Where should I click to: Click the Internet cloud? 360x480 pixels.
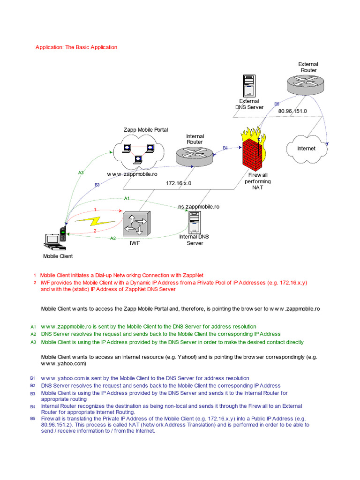306,149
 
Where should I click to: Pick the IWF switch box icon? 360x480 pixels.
136,224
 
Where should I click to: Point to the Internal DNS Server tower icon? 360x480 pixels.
194,222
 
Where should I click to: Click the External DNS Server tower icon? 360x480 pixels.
249,86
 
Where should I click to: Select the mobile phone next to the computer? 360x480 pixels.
62,234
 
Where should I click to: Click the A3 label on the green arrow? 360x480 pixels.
81,173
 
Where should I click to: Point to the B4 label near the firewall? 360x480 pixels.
225,148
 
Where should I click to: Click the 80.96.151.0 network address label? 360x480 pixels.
292,111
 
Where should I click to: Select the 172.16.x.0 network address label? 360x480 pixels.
179,183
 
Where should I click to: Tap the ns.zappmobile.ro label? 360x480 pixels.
199,206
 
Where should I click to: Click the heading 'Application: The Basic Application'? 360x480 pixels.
76,47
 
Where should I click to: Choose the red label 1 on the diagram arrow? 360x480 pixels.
95,210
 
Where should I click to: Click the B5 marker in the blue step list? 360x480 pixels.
33,418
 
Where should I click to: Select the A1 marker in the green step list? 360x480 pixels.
33,326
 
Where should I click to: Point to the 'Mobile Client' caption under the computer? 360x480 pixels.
58,256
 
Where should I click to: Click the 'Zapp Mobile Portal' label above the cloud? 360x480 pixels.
145,130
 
